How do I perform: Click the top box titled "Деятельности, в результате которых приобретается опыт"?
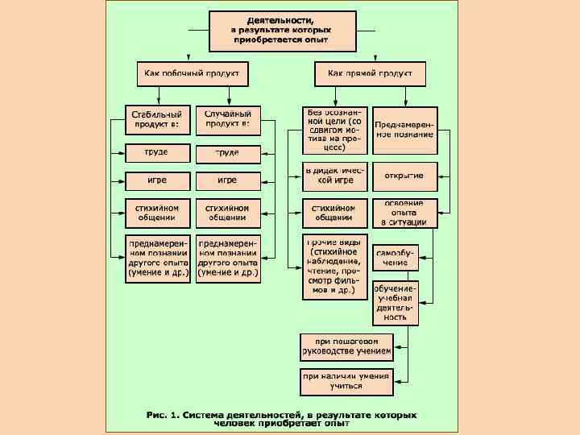point(281,31)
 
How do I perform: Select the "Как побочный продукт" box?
point(192,74)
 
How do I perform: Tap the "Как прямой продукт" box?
point(369,74)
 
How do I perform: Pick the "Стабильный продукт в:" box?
point(158,120)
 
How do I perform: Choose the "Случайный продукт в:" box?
point(228,120)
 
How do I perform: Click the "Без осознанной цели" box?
point(334,130)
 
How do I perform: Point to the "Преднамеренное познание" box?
point(405,130)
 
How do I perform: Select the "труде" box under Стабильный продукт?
point(158,152)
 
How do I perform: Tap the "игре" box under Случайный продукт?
point(228,180)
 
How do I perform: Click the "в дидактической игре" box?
point(334,176)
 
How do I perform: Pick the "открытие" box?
point(405,176)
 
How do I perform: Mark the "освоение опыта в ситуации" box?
point(405,213)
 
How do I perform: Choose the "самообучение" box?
point(396,257)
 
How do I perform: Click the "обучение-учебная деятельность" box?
point(396,302)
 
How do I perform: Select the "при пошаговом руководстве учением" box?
point(347,346)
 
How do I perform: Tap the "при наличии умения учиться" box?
point(347,381)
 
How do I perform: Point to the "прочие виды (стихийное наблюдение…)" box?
point(334,267)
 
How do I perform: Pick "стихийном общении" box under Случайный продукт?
point(228,213)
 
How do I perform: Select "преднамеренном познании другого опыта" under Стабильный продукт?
point(158,258)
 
